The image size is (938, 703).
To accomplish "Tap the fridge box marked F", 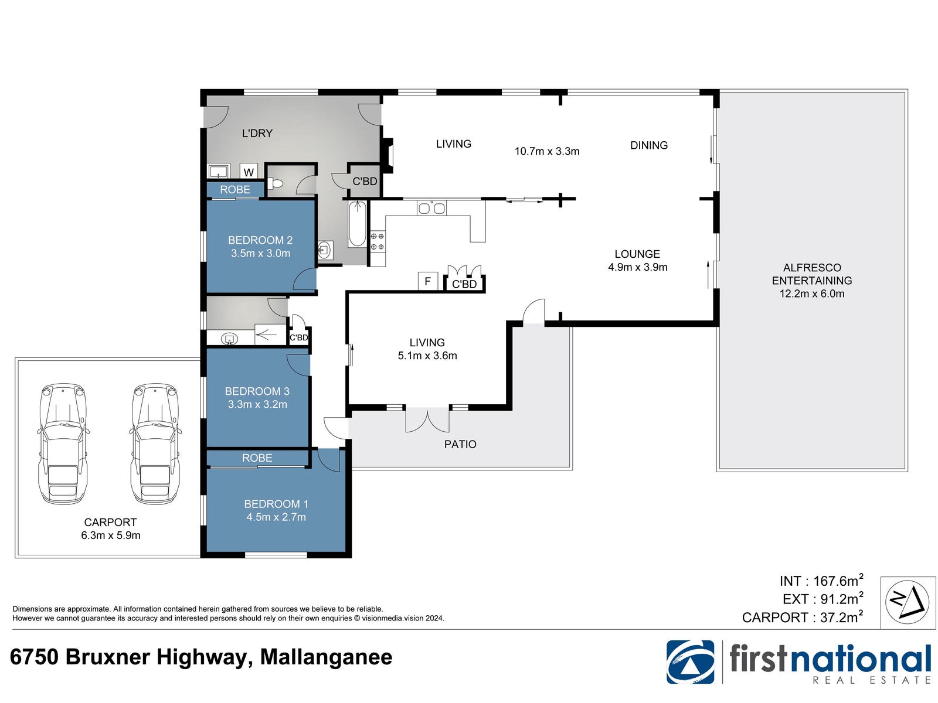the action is pos(427,281).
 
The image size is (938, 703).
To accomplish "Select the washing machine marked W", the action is pos(249,171).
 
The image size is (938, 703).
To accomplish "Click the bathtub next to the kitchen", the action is pos(357,223).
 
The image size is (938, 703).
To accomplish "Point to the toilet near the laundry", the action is pos(275,184).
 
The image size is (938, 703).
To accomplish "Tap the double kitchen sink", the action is pos(431,208).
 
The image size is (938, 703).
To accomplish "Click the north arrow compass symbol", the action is pos(907,602).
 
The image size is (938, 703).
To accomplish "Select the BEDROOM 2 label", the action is pos(260,240).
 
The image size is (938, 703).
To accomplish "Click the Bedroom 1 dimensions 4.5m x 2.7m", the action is pos(276,517).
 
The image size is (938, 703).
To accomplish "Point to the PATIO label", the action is pos(460,444).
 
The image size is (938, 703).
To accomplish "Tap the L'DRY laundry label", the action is pos(257,133).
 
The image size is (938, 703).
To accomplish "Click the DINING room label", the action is pos(648,145).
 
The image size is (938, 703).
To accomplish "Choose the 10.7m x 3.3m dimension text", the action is pos(546,151).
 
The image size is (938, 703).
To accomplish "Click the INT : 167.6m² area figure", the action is pos(821,581).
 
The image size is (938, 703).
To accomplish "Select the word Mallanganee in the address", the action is pos(326,657).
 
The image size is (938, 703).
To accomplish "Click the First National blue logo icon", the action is pos(690,662).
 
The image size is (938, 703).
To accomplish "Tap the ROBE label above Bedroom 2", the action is pos(235,189).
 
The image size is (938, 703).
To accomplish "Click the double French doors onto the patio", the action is pos(427,420).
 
